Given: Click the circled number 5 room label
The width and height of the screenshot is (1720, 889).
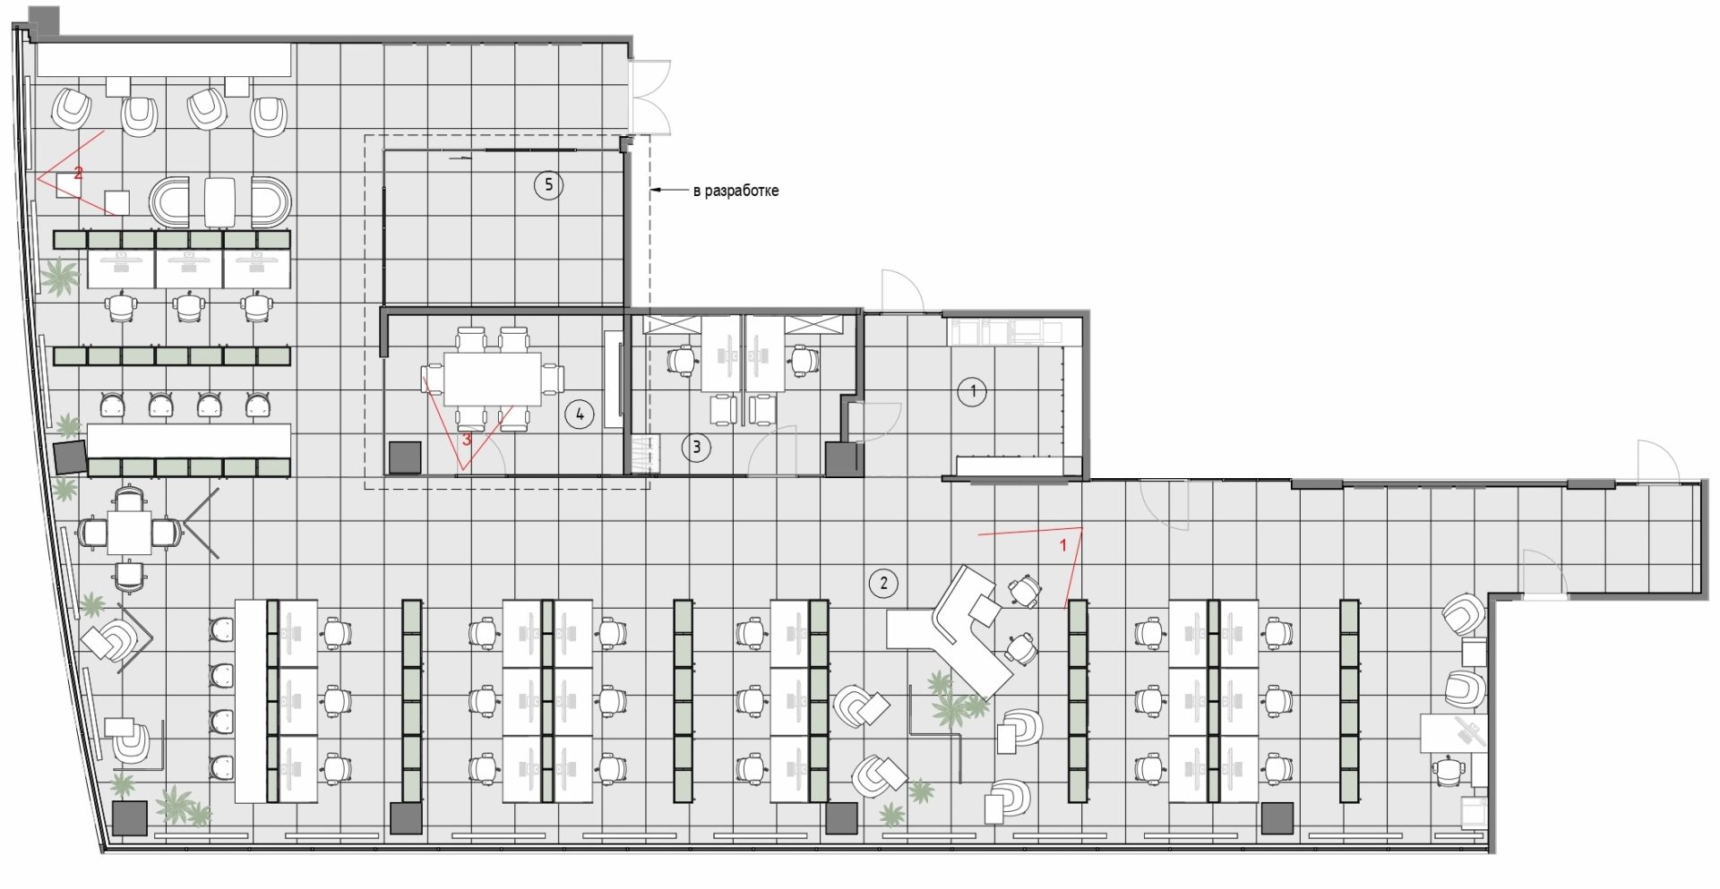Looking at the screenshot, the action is [x=548, y=185].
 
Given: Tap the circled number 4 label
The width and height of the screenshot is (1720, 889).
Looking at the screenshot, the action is [x=580, y=415].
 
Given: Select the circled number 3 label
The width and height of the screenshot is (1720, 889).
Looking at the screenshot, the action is [x=696, y=448].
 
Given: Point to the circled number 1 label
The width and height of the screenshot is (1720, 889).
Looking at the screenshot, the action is [x=972, y=391].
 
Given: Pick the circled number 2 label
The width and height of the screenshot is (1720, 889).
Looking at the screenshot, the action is [x=883, y=584].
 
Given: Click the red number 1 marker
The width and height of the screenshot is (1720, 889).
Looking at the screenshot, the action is [x=1063, y=543].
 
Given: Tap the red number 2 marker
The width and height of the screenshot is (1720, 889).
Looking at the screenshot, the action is [x=78, y=173].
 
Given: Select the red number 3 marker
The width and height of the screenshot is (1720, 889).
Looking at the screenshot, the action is [x=466, y=440].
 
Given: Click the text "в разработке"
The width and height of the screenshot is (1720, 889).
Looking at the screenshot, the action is [x=735, y=191].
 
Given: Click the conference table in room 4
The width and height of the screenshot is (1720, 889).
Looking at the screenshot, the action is [x=494, y=379].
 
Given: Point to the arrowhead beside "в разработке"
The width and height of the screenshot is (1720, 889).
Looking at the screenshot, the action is [x=656, y=191].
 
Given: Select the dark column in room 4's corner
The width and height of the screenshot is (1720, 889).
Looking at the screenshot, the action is [x=405, y=457].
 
